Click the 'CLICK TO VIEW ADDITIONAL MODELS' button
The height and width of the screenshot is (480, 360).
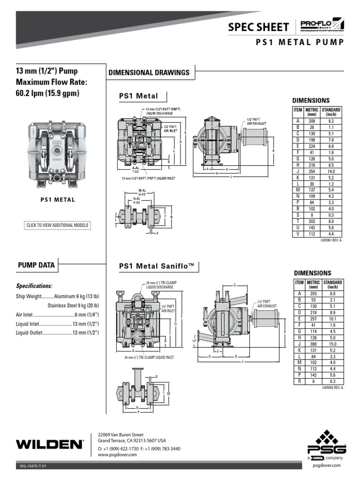57,225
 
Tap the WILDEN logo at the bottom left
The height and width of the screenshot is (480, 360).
50,443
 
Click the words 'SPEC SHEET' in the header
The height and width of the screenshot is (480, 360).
258,28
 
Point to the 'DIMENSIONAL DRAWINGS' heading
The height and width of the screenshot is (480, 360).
149,73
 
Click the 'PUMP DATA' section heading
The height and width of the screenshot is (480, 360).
36,265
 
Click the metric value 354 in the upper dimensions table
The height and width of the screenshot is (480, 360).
312,172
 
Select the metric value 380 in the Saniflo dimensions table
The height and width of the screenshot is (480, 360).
314,342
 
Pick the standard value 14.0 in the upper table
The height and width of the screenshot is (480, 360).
331,172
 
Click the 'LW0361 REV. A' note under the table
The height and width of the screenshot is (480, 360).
331,240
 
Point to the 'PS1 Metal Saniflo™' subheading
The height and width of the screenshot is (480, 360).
157,266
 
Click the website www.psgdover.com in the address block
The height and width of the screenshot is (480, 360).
117,455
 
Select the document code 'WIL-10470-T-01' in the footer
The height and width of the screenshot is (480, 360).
33,466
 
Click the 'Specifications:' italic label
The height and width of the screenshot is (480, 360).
34,285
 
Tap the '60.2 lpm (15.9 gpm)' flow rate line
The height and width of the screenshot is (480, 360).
48,93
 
